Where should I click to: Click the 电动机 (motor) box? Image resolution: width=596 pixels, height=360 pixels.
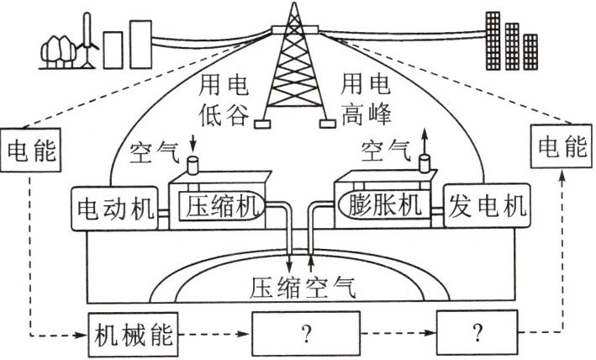click(115, 208)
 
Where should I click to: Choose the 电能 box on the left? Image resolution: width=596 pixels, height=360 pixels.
click(30, 151)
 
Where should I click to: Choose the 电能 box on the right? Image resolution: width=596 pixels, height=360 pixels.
click(558, 147)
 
